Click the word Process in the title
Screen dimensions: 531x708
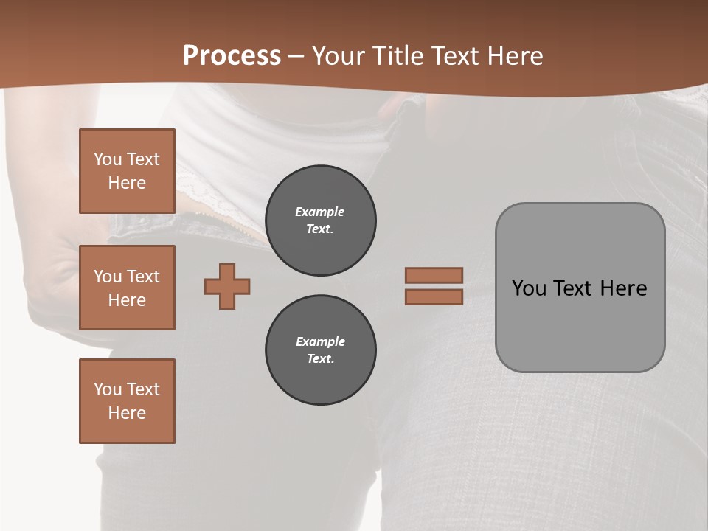[232, 56]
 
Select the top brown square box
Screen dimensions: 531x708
[127, 171]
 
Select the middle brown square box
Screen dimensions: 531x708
[127, 288]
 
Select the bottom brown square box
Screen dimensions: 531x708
[127, 401]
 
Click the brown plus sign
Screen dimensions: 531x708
[227, 287]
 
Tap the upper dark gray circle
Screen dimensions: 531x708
[321, 221]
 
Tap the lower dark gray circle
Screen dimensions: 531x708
[321, 350]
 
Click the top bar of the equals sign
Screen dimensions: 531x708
[434, 276]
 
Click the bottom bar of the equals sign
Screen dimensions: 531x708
[434, 296]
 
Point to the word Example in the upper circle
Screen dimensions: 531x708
[320, 212]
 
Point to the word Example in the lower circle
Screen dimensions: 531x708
[320, 341]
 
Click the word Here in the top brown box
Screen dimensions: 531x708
[127, 183]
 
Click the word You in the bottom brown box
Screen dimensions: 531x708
[107, 389]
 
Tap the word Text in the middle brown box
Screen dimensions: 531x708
[142, 277]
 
